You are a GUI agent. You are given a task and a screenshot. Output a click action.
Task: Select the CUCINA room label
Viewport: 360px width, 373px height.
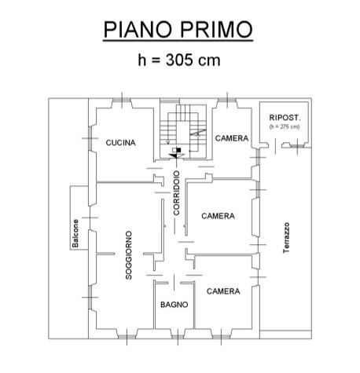point(121,143)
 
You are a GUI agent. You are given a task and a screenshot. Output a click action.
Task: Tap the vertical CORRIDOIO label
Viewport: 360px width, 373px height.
point(178,193)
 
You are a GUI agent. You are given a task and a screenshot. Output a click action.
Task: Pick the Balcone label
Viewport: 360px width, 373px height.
point(75,232)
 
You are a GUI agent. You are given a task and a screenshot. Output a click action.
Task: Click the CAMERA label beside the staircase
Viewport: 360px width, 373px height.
point(232,138)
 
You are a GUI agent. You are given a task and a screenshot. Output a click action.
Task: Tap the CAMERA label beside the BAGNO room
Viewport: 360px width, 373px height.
point(223,291)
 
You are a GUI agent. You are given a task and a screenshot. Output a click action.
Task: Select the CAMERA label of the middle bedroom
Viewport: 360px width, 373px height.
point(218,216)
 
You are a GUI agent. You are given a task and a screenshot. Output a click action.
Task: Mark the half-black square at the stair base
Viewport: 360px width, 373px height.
point(178,149)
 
